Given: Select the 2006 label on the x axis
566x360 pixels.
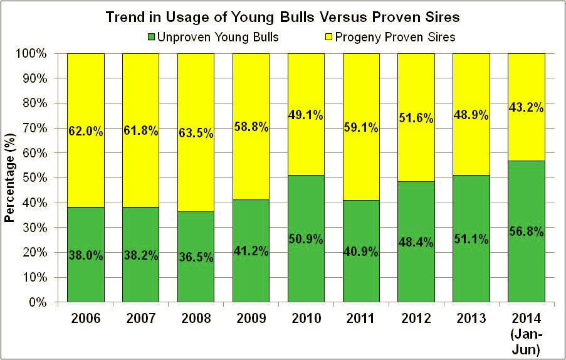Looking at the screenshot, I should pyautogui.click(x=85, y=319).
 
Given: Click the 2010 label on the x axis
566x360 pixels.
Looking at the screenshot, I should pyautogui.click(x=306, y=319).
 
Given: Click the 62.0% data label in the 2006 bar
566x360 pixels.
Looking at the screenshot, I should pyautogui.click(x=85, y=132).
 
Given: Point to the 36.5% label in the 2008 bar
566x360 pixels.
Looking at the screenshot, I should pyautogui.click(x=196, y=258).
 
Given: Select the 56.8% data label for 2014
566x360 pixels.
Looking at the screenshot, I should pyautogui.click(x=527, y=232).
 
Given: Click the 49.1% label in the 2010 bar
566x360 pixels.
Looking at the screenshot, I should pyautogui.click(x=306, y=115).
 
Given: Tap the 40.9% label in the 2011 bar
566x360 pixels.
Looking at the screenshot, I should pyautogui.click(x=361, y=253).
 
